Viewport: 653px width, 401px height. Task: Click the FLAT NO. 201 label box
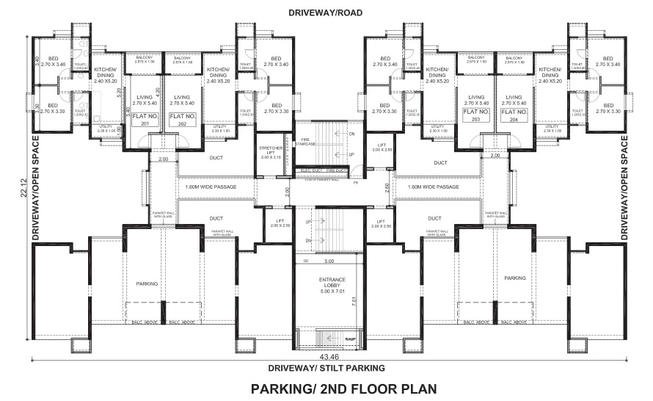145,120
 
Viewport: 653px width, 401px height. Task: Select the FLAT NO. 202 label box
183,120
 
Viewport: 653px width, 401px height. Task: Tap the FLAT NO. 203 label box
475,120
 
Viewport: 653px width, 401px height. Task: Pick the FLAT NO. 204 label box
514,120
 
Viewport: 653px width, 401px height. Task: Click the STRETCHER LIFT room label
271,152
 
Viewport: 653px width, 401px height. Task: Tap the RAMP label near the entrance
350,338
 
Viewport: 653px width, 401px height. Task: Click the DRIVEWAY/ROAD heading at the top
325,13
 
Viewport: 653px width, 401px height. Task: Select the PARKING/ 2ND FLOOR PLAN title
343,389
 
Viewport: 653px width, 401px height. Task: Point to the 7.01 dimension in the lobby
353,301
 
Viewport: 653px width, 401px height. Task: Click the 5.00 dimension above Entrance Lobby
329,261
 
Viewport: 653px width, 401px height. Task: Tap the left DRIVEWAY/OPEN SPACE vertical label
35,188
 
